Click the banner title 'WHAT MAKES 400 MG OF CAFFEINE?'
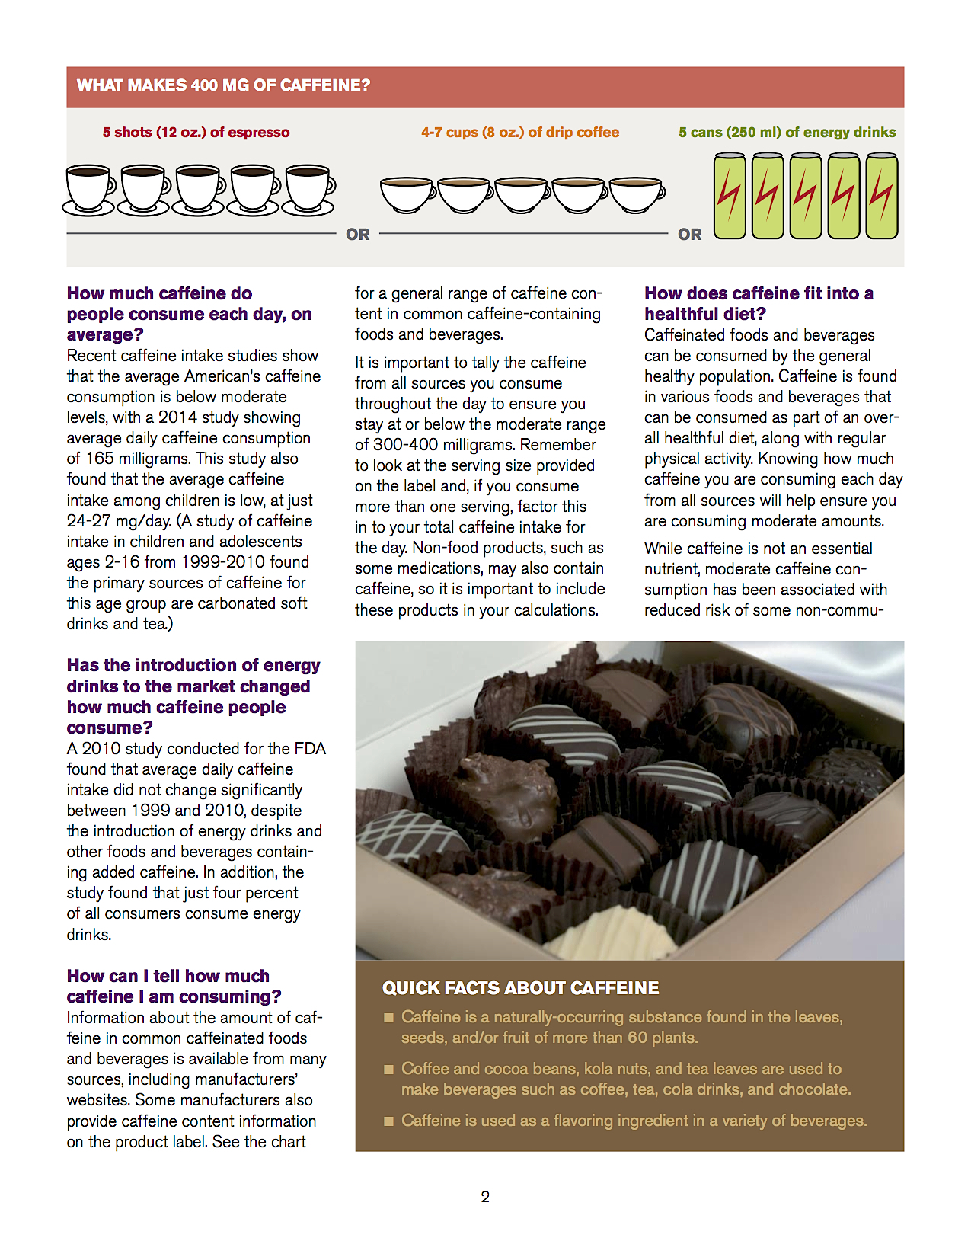[x=223, y=85]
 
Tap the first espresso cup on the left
[x=88, y=189]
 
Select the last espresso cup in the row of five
[x=308, y=189]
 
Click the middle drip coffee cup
[x=522, y=195]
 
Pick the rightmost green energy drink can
[x=882, y=196]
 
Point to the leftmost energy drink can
[x=730, y=196]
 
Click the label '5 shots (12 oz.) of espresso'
[x=196, y=133]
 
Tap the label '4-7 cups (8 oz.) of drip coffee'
[x=520, y=133]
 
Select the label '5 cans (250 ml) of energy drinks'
[x=787, y=133]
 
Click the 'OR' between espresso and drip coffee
[x=358, y=235]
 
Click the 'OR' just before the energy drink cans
[x=690, y=235]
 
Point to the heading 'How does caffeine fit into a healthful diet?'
[x=759, y=303]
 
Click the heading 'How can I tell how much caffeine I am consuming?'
[x=174, y=986]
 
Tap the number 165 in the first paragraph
[x=100, y=459]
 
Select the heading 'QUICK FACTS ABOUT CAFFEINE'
[x=520, y=988]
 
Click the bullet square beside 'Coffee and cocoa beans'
[x=388, y=1070]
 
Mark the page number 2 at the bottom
[x=485, y=1197]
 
